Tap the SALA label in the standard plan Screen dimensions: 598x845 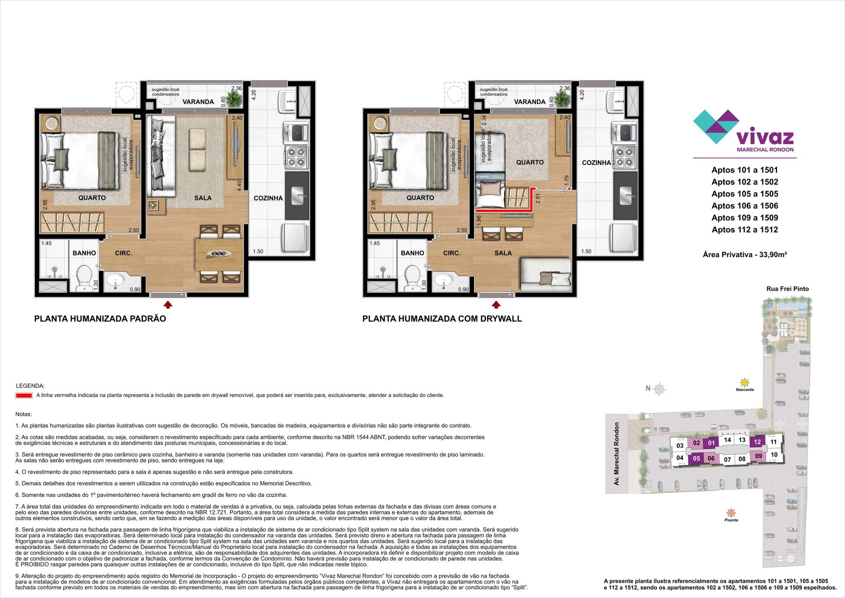pyautogui.click(x=203, y=198)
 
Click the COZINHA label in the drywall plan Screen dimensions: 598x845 pyautogui.click(x=596, y=162)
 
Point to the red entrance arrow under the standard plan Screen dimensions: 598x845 pyautogui.click(x=168, y=304)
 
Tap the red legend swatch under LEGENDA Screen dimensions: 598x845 pyautogui.click(x=24, y=395)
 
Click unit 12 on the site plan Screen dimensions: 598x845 pyautogui.click(x=757, y=442)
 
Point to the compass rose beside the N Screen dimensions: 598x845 pyautogui.click(x=660, y=388)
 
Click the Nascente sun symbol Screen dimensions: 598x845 pyautogui.click(x=744, y=382)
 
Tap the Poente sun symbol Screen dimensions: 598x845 pyautogui.click(x=731, y=513)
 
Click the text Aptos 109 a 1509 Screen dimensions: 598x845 pyautogui.click(x=745, y=218)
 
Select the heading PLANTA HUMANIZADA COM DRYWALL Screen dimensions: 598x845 pyautogui.click(x=442, y=319)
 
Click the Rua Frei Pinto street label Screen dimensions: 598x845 pyautogui.click(x=787, y=289)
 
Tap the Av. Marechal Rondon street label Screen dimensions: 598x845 pyautogui.click(x=617, y=454)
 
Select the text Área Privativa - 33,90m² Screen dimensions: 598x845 pyautogui.click(x=745, y=254)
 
